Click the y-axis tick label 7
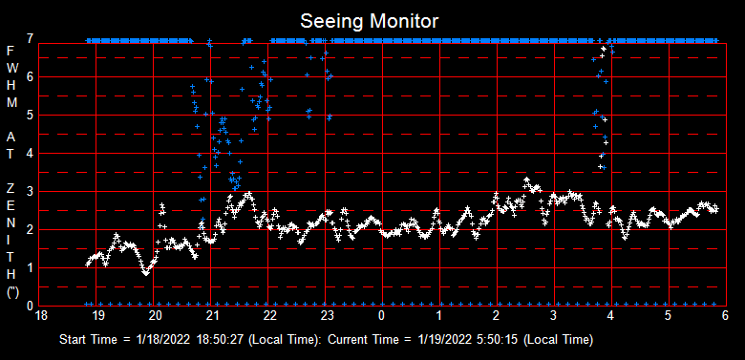(x=32, y=39)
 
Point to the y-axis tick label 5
(x=32, y=116)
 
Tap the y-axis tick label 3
(x=32, y=192)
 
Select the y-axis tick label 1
(x=32, y=268)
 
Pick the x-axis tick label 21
(x=212, y=314)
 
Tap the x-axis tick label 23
(x=327, y=314)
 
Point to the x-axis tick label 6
(x=725, y=314)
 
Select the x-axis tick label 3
(x=553, y=314)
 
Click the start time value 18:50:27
(x=222, y=340)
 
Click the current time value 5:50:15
(x=499, y=340)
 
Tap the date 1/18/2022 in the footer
(x=163, y=340)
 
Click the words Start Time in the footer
(x=88, y=340)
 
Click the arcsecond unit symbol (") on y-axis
(x=11, y=293)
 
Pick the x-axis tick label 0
(x=382, y=314)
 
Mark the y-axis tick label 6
(x=32, y=77)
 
